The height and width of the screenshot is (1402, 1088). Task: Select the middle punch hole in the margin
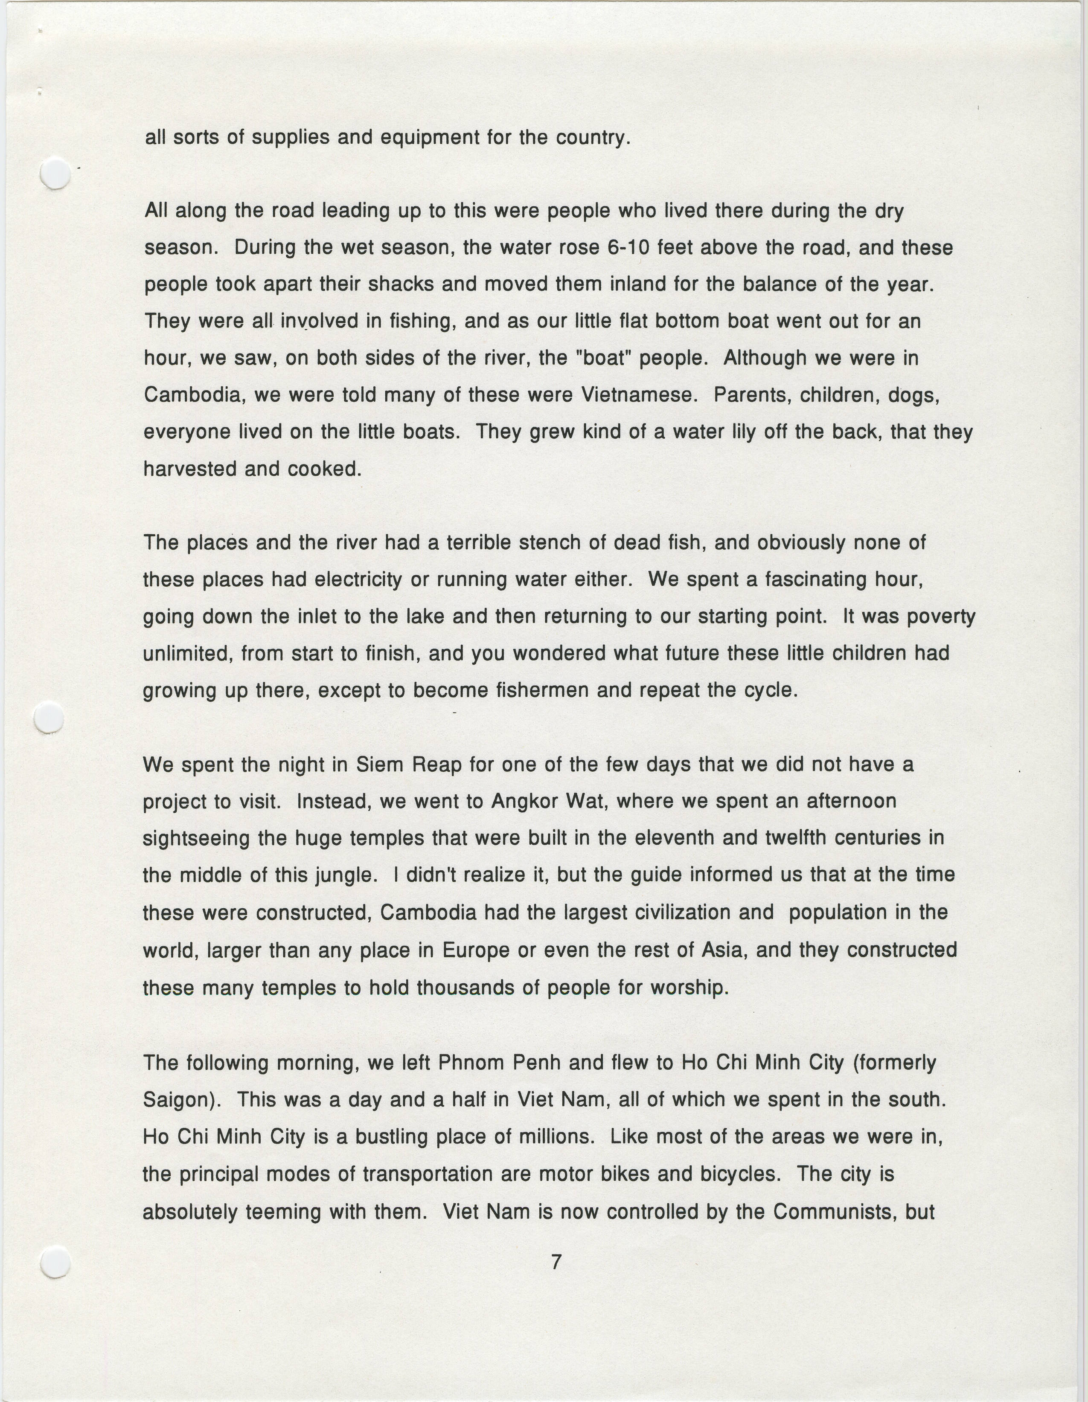coord(49,718)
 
